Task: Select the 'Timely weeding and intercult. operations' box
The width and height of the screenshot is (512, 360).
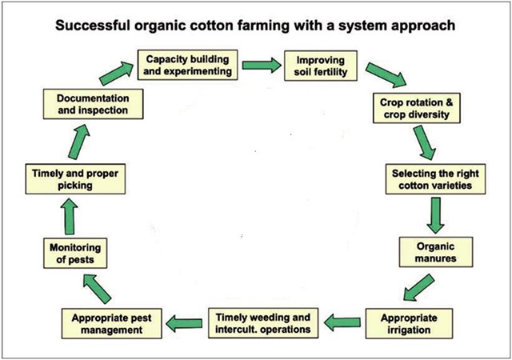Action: click(263, 321)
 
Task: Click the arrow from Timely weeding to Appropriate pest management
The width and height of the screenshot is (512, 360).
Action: click(183, 322)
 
